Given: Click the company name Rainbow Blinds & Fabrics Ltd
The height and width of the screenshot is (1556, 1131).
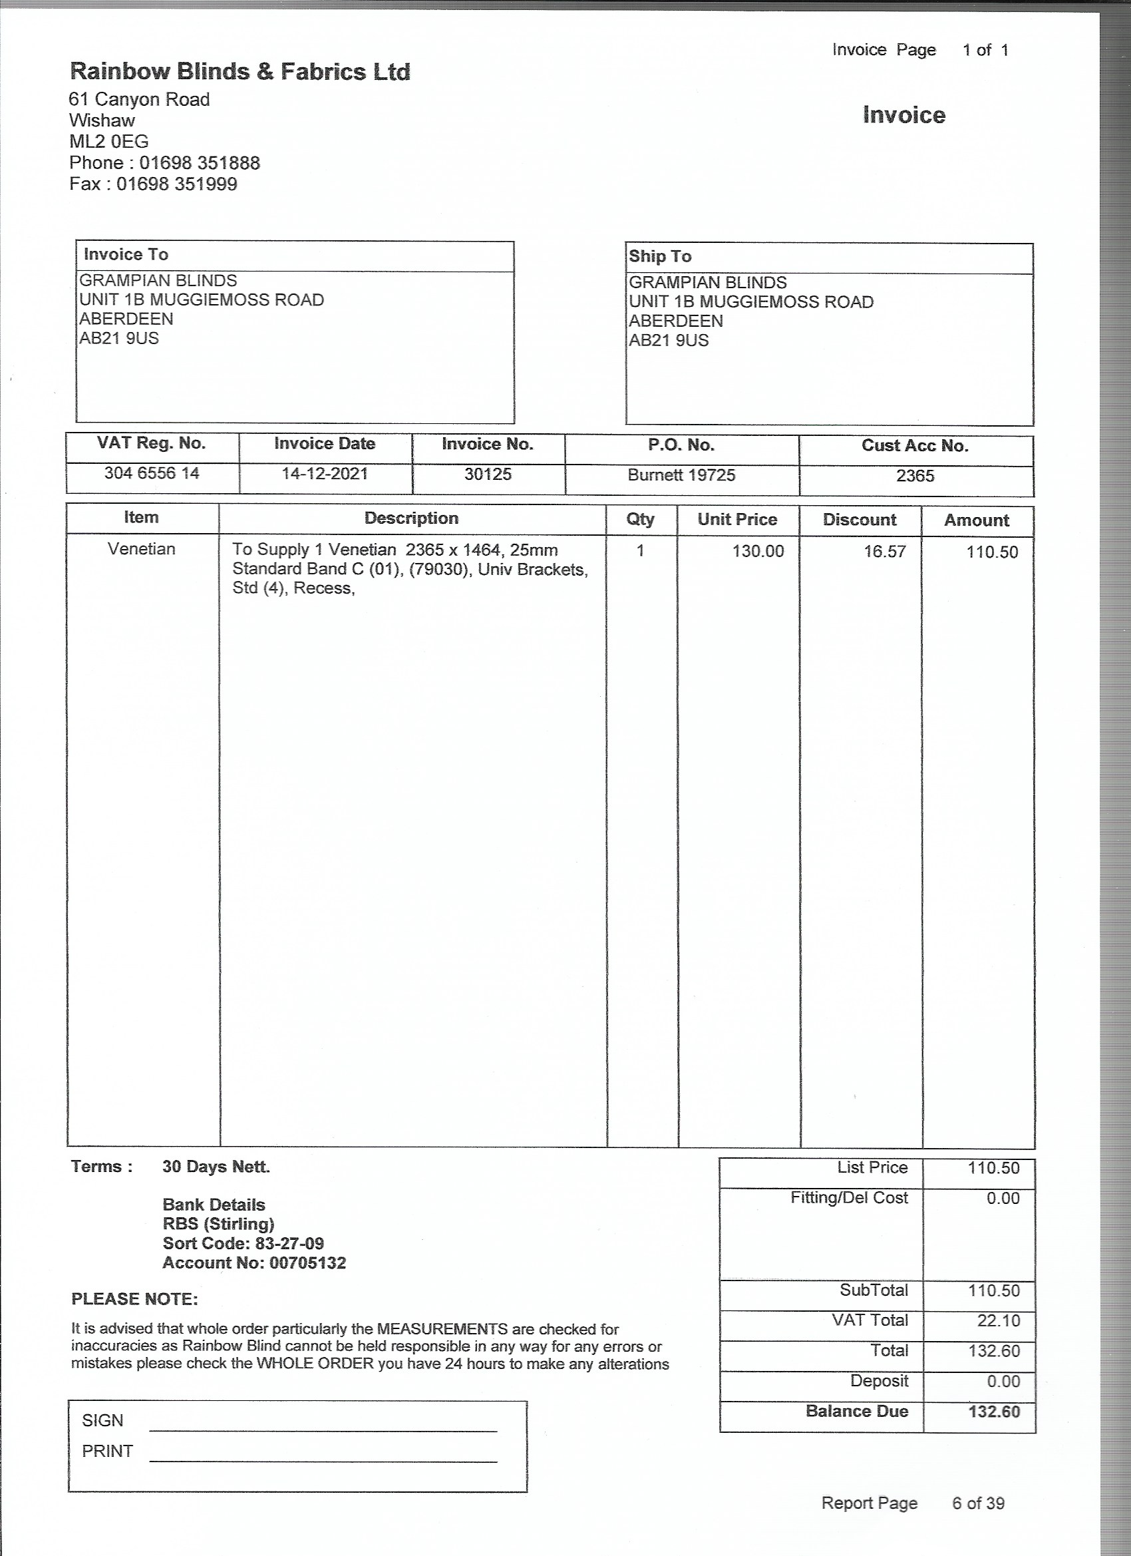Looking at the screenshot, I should (240, 72).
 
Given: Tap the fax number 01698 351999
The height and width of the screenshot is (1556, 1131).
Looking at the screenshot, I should (176, 184).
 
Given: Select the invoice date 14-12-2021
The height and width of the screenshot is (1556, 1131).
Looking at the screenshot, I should (325, 473).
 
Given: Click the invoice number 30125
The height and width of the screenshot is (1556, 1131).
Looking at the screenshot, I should (488, 474).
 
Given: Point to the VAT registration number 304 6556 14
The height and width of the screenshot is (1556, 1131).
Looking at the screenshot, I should (152, 473).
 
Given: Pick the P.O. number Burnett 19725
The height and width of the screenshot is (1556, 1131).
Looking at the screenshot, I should (681, 475).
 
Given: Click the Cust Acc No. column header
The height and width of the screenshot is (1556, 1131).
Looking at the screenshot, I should (915, 446).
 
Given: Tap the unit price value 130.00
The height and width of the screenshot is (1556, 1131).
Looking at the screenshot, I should (757, 552).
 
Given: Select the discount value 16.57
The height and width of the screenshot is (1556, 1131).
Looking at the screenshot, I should (884, 552).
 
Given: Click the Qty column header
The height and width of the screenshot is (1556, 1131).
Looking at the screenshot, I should (640, 519).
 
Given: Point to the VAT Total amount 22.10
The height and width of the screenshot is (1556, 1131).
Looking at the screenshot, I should (998, 1320).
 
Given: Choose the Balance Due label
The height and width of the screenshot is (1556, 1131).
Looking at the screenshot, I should (857, 1411).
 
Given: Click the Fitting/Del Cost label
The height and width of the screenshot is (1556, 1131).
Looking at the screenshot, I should (848, 1198).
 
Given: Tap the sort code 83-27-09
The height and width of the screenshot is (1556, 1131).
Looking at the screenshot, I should (289, 1244).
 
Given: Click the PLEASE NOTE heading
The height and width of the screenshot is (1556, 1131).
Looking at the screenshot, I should (134, 1299).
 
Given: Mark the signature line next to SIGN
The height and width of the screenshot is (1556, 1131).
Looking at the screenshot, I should (323, 1430).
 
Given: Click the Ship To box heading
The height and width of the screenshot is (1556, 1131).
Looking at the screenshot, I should (660, 257).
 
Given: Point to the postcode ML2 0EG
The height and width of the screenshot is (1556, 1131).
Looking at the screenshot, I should (108, 142).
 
